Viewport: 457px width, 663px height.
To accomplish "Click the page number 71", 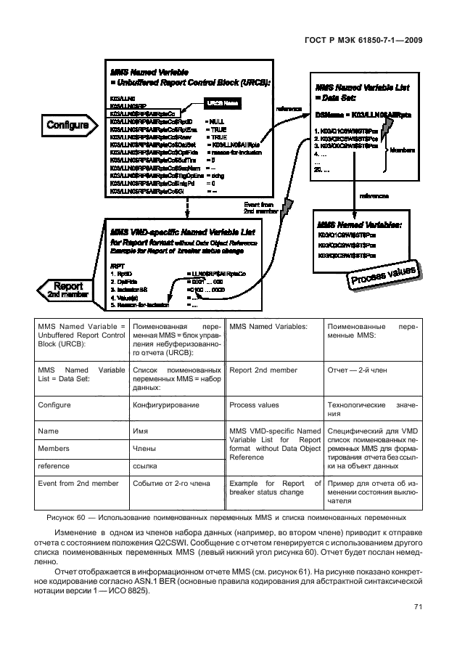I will [x=419, y=609].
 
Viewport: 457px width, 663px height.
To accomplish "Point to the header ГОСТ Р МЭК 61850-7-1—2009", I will [x=362, y=41].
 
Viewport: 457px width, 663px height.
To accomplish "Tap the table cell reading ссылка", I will [x=147, y=466].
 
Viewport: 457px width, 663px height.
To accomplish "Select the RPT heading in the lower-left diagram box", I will [x=116, y=266].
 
